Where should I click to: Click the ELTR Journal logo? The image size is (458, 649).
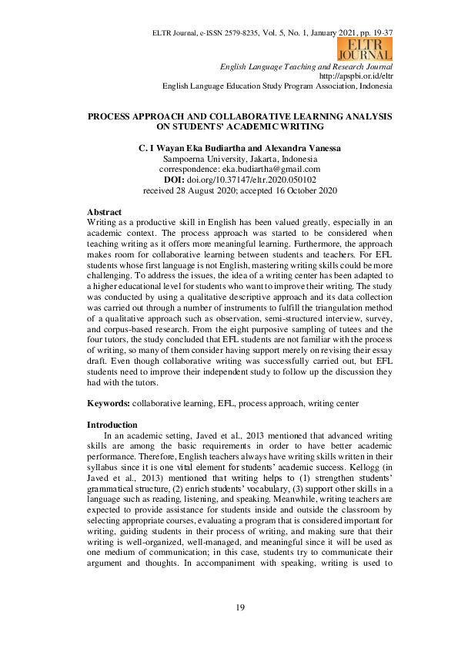[364, 49]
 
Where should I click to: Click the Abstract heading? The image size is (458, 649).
[105, 211]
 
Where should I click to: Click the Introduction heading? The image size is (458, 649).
[112, 425]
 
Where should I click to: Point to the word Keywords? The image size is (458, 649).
[108, 402]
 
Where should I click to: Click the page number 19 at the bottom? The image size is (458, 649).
[239, 609]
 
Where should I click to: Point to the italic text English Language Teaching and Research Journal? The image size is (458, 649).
[306, 67]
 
